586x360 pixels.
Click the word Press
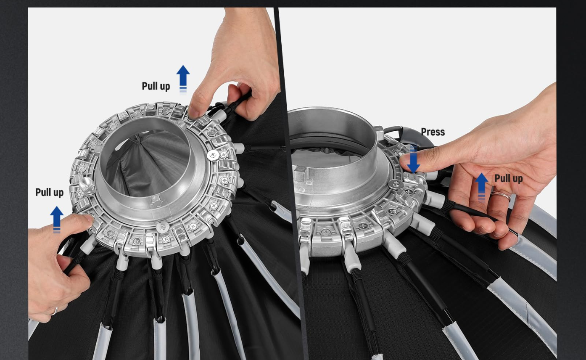[433, 132]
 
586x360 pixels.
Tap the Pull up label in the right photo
[509, 179]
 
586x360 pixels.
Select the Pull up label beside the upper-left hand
[156, 86]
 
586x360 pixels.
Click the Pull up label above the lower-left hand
[50, 193]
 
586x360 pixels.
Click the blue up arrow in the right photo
[481, 186]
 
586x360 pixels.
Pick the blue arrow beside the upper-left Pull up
[183, 79]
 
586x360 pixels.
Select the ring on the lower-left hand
[54, 312]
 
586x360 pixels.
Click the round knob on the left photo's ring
[87, 185]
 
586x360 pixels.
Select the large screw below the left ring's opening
[162, 227]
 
